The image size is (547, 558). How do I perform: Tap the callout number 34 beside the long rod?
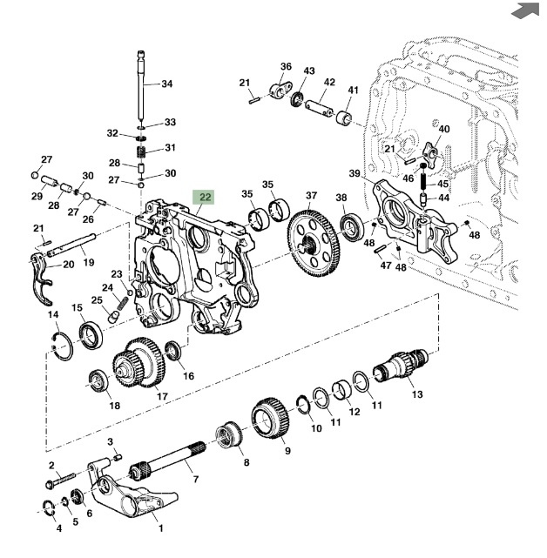click(167, 84)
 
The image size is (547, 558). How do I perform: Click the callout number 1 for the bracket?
click(160, 528)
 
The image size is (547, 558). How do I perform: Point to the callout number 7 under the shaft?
click(196, 479)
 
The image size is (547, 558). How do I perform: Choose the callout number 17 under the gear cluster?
click(162, 397)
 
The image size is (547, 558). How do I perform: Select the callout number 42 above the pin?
click(328, 83)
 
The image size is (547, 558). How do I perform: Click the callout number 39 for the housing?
click(355, 173)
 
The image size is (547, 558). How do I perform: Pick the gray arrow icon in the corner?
click(523, 10)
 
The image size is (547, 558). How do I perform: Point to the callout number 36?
click(286, 66)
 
